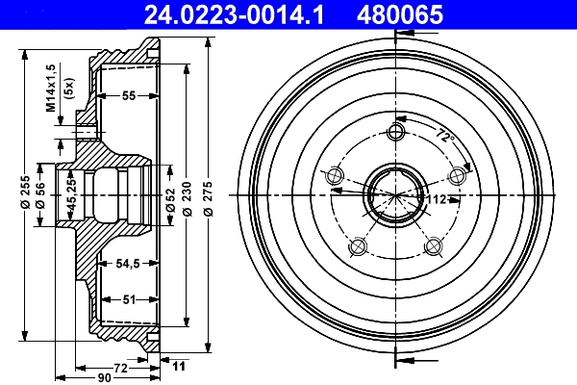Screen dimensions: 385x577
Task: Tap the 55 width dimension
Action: pos(127,95)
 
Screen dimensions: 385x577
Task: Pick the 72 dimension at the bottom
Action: pos(121,367)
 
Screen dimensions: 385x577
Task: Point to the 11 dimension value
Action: pos(179,367)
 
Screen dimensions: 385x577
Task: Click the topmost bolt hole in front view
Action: pos(394,133)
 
